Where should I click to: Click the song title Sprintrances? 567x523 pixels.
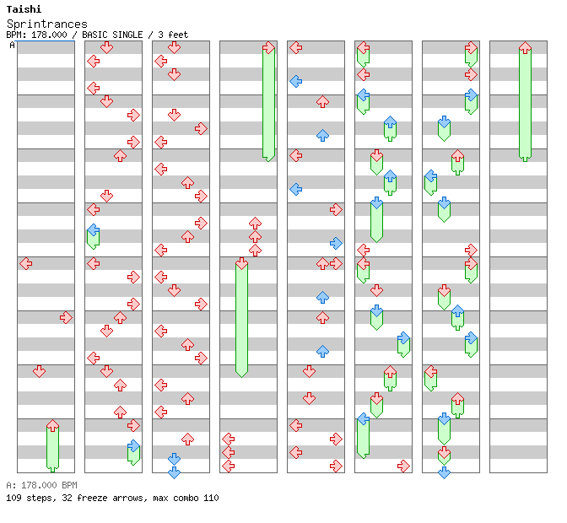46,24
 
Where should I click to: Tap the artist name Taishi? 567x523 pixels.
24,9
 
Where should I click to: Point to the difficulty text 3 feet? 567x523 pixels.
170,35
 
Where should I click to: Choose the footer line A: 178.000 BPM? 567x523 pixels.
41,485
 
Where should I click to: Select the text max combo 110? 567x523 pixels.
186,498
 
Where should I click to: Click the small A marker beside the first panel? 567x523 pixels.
12,45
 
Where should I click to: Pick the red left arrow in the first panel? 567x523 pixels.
25,263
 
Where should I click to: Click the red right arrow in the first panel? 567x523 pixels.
66,317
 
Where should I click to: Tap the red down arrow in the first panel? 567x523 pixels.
39,371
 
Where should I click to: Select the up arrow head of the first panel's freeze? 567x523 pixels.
52,425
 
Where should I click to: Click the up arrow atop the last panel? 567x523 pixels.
525,48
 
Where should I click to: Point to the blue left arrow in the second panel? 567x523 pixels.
93,229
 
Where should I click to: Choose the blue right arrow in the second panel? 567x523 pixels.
133,445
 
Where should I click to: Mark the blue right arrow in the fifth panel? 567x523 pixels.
336,243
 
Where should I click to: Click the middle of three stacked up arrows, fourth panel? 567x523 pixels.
255,237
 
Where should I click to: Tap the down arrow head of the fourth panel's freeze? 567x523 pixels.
241,264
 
